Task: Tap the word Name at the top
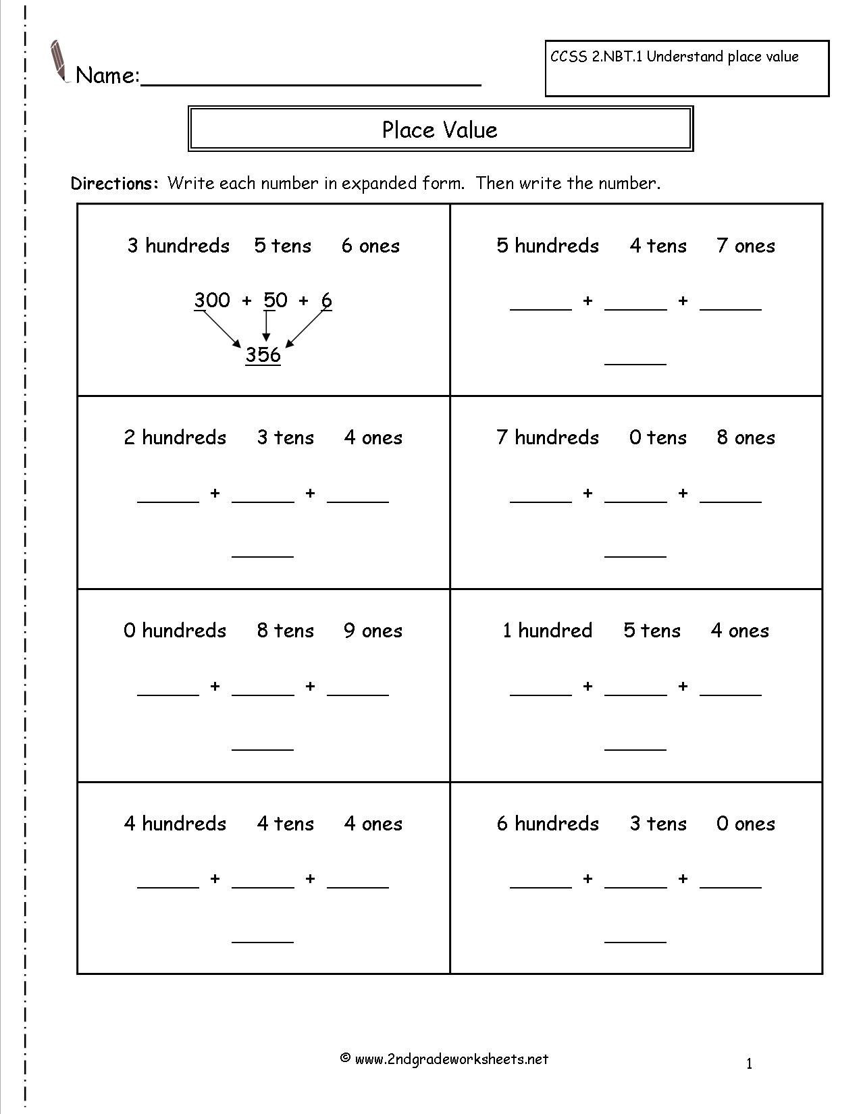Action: [107, 76]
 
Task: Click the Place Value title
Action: [440, 130]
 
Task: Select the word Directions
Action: [114, 184]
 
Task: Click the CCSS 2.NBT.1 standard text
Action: [674, 57]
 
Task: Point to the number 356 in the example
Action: [263, 355]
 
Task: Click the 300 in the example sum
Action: [212, 300]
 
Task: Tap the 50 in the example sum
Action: [276, 300]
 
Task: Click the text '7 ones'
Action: [746, 246]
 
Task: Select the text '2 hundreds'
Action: [175, 437]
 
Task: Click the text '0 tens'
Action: [658, 437]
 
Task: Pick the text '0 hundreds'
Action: [175, 631]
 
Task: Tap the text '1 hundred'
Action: [547, 631]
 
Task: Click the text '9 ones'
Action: [373, 631]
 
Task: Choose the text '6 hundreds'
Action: [548, 824]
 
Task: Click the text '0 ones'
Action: [746, 824]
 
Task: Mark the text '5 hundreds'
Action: [548, 246]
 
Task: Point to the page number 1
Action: [750, 1065]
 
